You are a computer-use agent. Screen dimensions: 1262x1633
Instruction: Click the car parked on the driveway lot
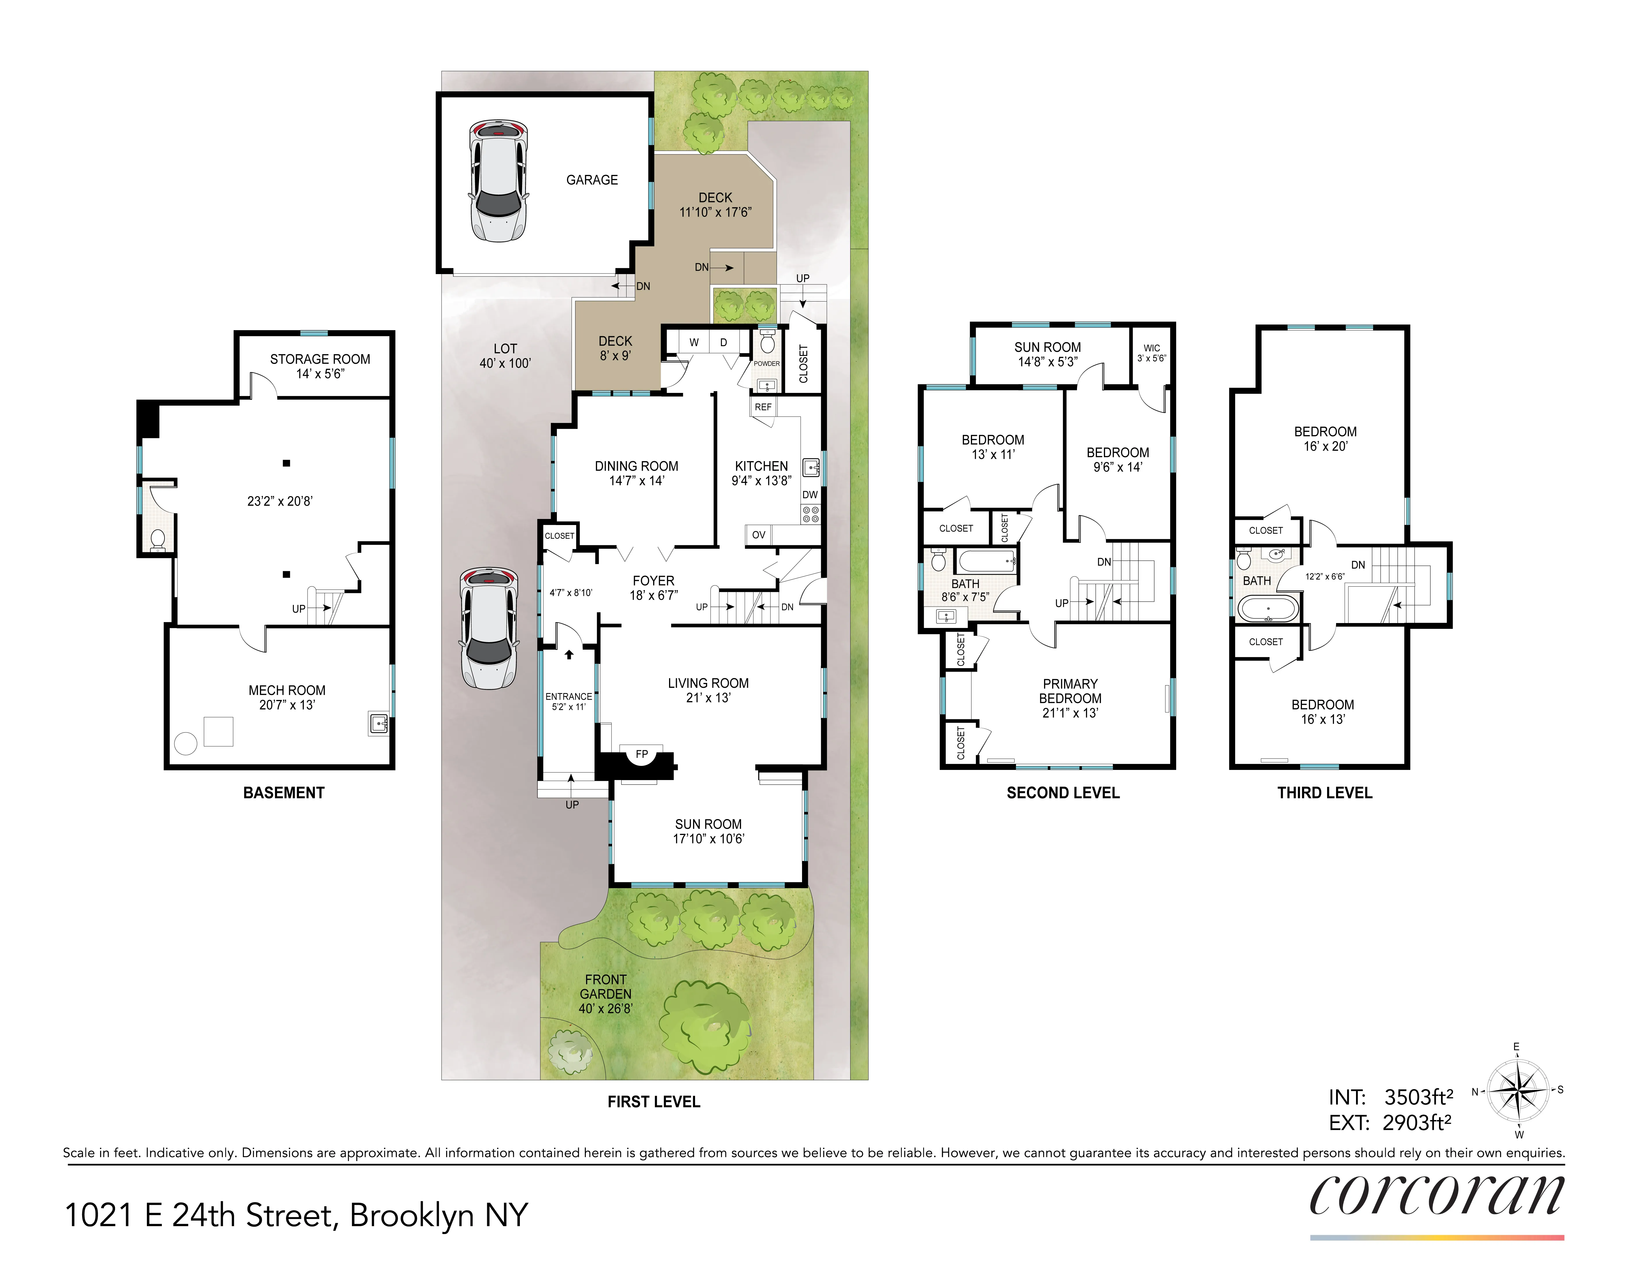tap(488, 628)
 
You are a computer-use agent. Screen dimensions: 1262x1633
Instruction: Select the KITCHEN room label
tap(761, 466)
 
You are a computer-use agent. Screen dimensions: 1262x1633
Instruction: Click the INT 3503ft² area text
tap(1391, 1097)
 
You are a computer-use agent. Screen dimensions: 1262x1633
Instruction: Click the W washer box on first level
tap(694, 342)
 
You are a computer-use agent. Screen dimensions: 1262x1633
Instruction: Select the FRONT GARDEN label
tap(606, 994)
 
